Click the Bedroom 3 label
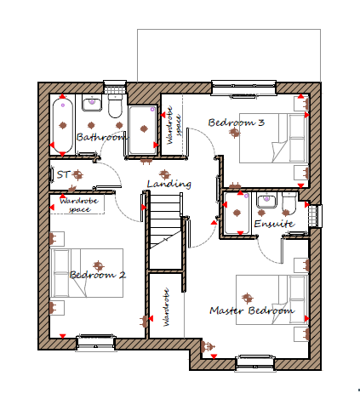click(x=237, y=122)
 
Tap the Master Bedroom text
click(x=252, y=310)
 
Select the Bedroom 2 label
click(x=98, y=275)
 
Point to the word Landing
click(x=169, y=185)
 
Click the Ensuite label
click(x=274, y=224)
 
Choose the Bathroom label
click(x=100, y=137)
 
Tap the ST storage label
click(x=63, y=174)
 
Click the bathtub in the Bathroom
click(x=63, y=125)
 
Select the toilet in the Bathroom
click(x=115, y=107)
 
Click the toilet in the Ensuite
click(x=289, y=202)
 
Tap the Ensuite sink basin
click(x=266, y=200)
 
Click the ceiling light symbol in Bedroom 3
click(x=234, y=132)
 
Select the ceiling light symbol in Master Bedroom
click(x=248, y=298)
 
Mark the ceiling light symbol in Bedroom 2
click(x=99, y=265)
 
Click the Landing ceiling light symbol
click(x=164, y=174)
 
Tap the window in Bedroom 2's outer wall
click(x=96, y=343)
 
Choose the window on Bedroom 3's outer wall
click(x=244, y=88)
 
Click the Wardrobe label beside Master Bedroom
click(x=166, y=307)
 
